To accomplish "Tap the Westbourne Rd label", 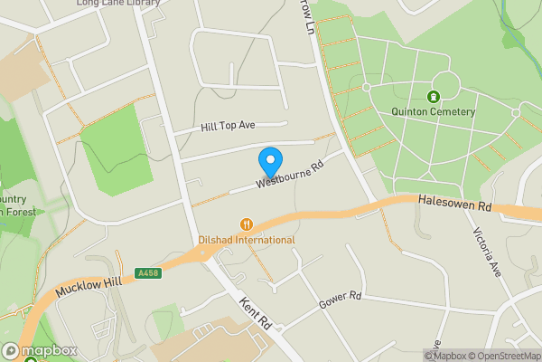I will (x=289, y=176).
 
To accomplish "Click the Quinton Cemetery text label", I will (x=433, y=111).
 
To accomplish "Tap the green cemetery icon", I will (x=433, y=96).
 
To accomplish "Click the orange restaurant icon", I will (x=246, y=224).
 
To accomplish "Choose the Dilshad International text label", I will (x=246, y=240).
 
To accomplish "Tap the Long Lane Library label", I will (x=118, y=4).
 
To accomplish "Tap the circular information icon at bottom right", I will (x=535, y=355).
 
